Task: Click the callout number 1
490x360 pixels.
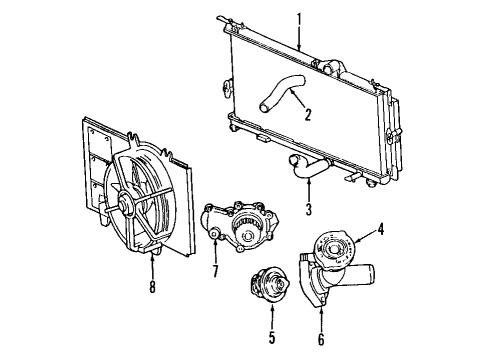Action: tap(299, 17)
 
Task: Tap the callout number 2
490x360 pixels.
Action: tap(307, 114)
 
